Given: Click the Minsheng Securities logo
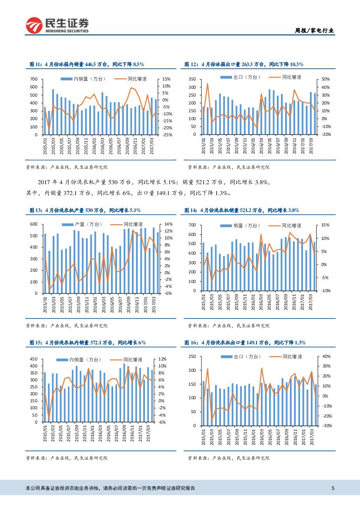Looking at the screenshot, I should [x=57, y=26].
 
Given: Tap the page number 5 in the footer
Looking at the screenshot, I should [x=333, y=488].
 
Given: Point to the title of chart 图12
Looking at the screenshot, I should [x=244, y=64].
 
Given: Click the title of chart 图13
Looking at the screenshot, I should [x=85, y=210].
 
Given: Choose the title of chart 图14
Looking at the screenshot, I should [x=242, y=210].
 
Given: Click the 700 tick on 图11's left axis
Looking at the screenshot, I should [x=34, y=79].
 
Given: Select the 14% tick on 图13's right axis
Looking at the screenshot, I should [x=168, y=224].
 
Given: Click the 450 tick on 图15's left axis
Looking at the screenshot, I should [x=34, y=359].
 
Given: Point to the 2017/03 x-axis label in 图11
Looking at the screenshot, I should [x=151, y=144].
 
